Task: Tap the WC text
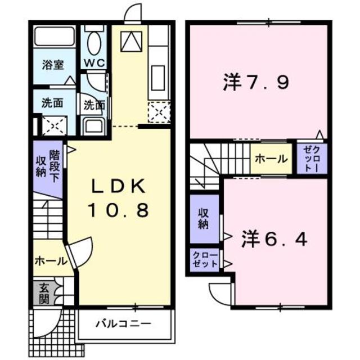(x=94, y=62)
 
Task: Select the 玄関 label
(x=43, y=292)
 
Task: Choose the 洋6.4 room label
(x=275, y=240)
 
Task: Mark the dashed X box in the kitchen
(x=159, y=112)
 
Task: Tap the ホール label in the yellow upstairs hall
(x=271, y=159)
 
